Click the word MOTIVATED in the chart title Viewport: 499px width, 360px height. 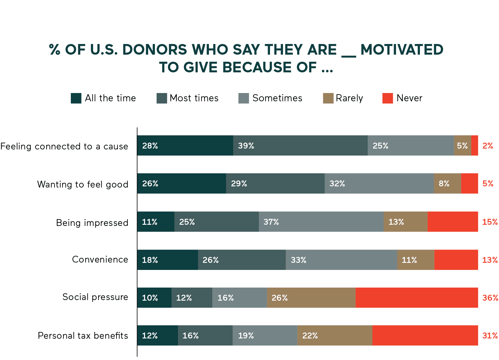[x=402, y=50]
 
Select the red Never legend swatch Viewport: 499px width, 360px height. [x=387, y=98]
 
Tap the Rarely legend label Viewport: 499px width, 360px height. [x=349, y=98]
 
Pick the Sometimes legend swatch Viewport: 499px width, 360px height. [x=243, y=98]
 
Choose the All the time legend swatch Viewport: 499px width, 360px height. [x=76, y=98]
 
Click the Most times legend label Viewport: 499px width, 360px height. [x=194, y=98]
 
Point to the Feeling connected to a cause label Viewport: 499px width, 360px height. [x=64, y=146]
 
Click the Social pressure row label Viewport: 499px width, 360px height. [x=95, y=297]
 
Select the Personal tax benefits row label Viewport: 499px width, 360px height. [x=83, y=336]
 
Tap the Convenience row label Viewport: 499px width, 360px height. [x=100, y=260]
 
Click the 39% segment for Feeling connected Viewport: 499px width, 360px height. [x=300, y=146]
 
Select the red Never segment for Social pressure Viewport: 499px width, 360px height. [x=416, y=298]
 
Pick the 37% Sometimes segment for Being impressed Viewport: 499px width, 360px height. [x=321, y=222]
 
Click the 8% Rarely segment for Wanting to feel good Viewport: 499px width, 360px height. [x=447, y=184]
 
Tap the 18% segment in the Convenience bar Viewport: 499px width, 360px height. [x=167, y=260]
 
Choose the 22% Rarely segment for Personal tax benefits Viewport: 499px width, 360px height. [x=335, y=335]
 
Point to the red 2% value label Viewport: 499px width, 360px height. [x=487, y=146]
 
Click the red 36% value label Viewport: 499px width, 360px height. [x=490, y=298]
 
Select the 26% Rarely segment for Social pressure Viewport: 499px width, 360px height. [x=311, y=298]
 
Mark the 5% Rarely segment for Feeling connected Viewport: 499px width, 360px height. [x=462, y=146]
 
